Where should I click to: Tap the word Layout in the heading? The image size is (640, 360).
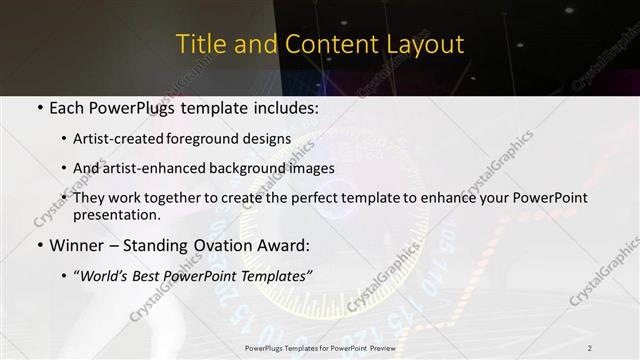point(427,45)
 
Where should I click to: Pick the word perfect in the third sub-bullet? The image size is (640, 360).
point(306,198)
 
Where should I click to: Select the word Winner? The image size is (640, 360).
point(79,245)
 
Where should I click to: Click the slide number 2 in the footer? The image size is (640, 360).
point(589,347)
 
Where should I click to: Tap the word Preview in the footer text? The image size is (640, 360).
point(378,347)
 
